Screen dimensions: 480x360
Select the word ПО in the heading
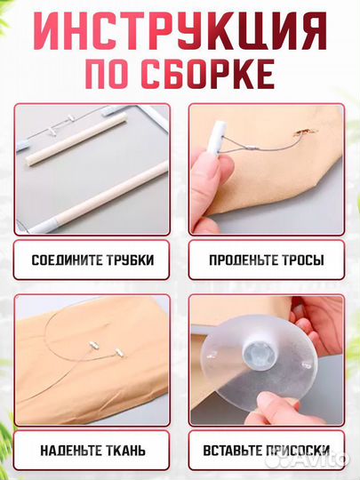(108, 75)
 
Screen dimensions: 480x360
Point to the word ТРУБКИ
(127, 261)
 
